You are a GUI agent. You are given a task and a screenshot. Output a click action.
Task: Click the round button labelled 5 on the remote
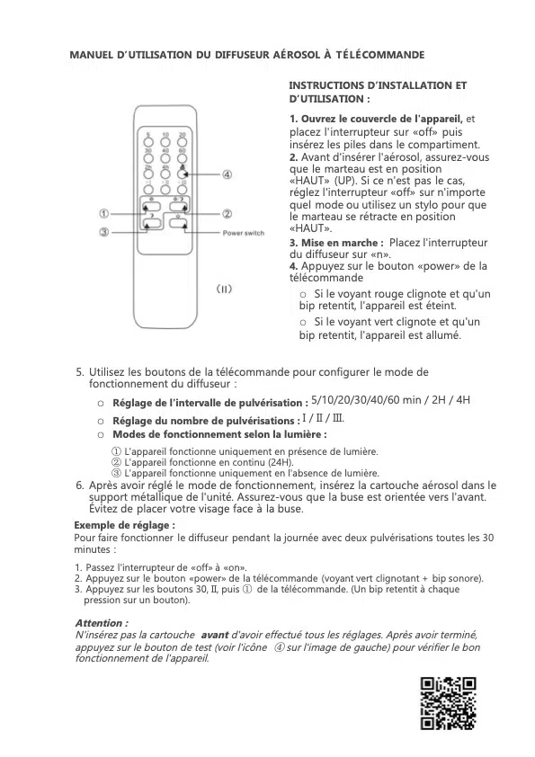[x=149, y=141]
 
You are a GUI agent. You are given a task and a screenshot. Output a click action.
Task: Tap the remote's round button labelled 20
[x=183, y=141]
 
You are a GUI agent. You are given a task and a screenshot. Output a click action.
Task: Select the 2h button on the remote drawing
[x=149, y=173]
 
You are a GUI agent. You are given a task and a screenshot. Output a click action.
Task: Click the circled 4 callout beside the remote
[x=227, y=174]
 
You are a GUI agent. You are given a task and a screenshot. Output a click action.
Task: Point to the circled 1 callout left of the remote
[x=105, y=214]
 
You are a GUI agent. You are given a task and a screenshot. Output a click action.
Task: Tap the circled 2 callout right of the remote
[x=227, y=214]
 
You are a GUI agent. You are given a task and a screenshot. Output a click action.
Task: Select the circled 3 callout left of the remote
[x=105, y=232]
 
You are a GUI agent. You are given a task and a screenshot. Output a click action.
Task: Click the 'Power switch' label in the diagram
[x=243, y=234]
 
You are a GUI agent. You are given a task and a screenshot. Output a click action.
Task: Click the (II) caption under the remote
[x=225, y=289]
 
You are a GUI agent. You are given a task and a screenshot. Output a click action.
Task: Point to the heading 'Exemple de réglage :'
[x=124, y=524]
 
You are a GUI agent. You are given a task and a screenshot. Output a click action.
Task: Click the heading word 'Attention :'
[x=102, y=622]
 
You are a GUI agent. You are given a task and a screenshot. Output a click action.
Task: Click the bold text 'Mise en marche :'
[x=336, y=243]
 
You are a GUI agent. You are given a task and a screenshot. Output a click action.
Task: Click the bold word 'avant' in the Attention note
[x=215, y=634]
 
